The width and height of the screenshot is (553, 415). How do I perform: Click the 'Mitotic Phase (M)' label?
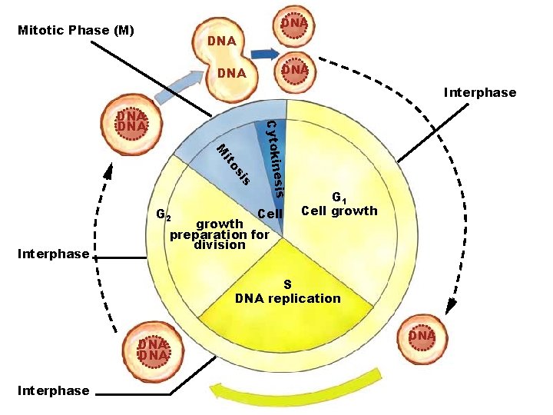[x=76, y=32]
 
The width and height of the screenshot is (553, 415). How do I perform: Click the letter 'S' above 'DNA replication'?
[x=287, y=284]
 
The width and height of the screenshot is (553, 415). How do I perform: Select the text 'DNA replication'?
[x=287, y=298]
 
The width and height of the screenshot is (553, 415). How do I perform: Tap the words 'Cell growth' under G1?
[x=339, y=211]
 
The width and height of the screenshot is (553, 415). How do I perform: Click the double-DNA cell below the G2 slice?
[x=153, y=350]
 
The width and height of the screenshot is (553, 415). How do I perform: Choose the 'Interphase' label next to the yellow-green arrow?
[x=54, y=391]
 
